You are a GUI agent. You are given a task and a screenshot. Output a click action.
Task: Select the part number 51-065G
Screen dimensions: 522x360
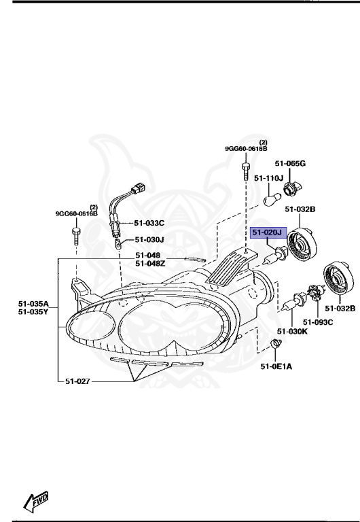(290, 164)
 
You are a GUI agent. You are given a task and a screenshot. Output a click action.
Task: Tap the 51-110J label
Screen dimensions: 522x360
(268, 178)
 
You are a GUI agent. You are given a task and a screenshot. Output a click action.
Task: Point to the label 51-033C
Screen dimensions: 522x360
(149, 223)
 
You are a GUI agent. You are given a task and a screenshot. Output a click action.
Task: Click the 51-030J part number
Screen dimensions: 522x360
(149, 239)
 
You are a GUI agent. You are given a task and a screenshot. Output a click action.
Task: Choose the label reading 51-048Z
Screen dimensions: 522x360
(147, 263)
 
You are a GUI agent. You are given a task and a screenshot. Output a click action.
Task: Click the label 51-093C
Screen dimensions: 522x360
(318, 321)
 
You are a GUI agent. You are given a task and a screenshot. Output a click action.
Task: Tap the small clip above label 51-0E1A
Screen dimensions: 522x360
(276, 344)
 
